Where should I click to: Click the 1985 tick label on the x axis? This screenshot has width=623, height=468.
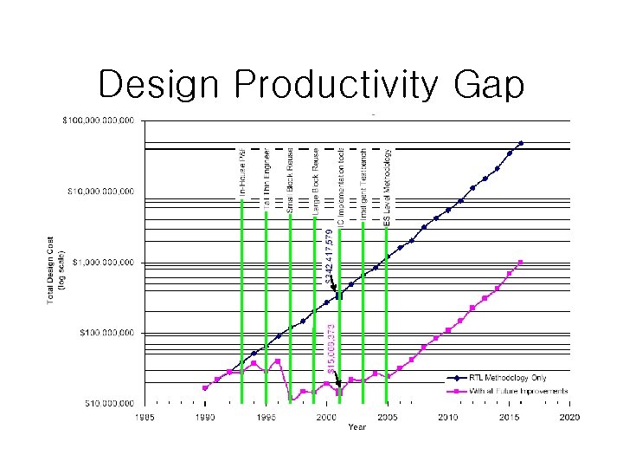click(144, 417)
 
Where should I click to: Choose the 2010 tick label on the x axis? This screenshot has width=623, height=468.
click(446, 417)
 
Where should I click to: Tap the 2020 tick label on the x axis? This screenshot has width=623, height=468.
click(568, 417)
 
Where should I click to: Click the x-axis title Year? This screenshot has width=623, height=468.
click(356, 426)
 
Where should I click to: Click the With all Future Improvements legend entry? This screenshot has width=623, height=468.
click(518, 391)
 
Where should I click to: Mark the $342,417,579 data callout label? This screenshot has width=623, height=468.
click(328, 257)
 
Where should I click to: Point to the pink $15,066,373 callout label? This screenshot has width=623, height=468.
click(331, 348)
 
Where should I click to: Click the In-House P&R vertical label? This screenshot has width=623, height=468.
click(242, 173)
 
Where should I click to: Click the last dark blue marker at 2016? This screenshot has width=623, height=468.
click(520, 143)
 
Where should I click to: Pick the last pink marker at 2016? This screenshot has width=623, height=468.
click(520, 262)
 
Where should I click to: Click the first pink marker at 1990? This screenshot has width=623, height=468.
click(205, 387)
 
